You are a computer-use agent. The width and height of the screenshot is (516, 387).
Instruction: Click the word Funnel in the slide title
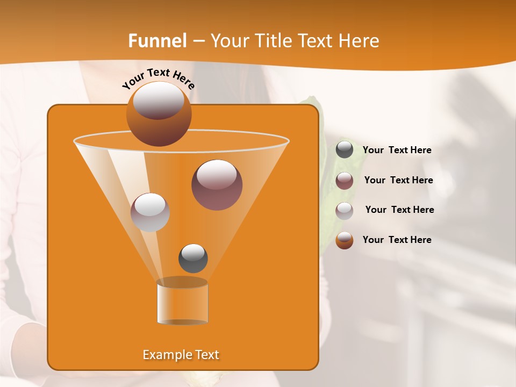pyautogui.click(x=157, y=41)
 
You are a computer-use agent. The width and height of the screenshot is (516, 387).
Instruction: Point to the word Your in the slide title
pyautogui.click(x=230, y=41)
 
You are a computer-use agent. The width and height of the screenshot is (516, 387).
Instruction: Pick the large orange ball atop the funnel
pyautogui.click(x=159, y=113)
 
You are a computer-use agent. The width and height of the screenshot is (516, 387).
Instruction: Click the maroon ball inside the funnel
pyautogui.click(x=217, y=184)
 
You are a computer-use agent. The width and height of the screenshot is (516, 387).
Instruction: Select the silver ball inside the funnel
pyautogui.click(x=150, y=212)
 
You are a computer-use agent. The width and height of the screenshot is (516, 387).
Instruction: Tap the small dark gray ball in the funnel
pyautogui.click(x=193, y=258)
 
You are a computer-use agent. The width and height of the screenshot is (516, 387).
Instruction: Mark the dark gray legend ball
pyautogui.click(x=345, y=150)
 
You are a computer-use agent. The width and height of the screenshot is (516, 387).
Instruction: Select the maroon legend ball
pyautogui.click(x=345, y=181)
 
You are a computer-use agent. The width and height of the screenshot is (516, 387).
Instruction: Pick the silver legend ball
pyautogui.click(x=345, y=211)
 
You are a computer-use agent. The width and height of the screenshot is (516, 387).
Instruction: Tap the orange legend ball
pyautogui.click(x=345, y=240)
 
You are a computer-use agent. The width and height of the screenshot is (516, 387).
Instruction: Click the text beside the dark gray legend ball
pyautogui.click(x=397, y=150)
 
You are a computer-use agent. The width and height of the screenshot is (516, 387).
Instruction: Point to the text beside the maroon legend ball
pyautogui.click(x=398, y=180)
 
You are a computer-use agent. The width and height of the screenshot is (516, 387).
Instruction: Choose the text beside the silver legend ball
pyautogui.click(x=399, y=210)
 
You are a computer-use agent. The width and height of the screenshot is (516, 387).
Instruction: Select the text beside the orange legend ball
pyautogui.click(x=397, y=240)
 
